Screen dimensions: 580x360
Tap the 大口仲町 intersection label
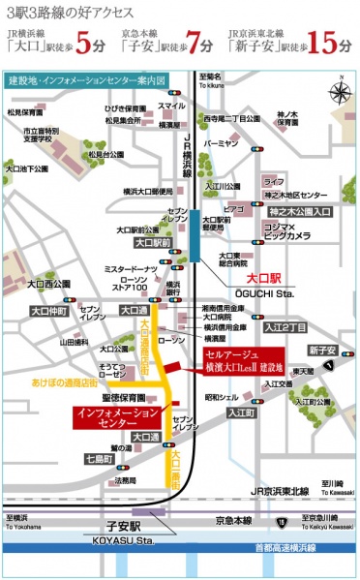pyautogui.click(x=46, y=311)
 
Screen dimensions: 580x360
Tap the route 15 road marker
pyautogui.click(x=281, y=521)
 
